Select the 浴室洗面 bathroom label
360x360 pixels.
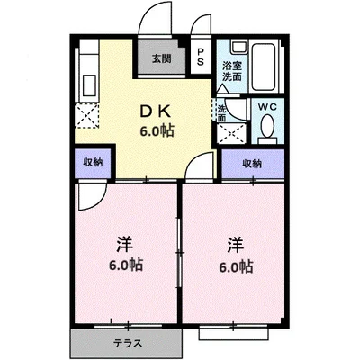[x=232, y=71]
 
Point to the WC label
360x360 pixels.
[x=268, y=105]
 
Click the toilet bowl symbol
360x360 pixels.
[x=268, y=131]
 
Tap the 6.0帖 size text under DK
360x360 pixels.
[x=156, y=130]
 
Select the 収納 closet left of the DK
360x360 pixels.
[x=94, y=163]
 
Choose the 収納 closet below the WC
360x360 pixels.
[x=252, y=163]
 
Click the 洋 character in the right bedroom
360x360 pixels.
[x=235, y=244]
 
